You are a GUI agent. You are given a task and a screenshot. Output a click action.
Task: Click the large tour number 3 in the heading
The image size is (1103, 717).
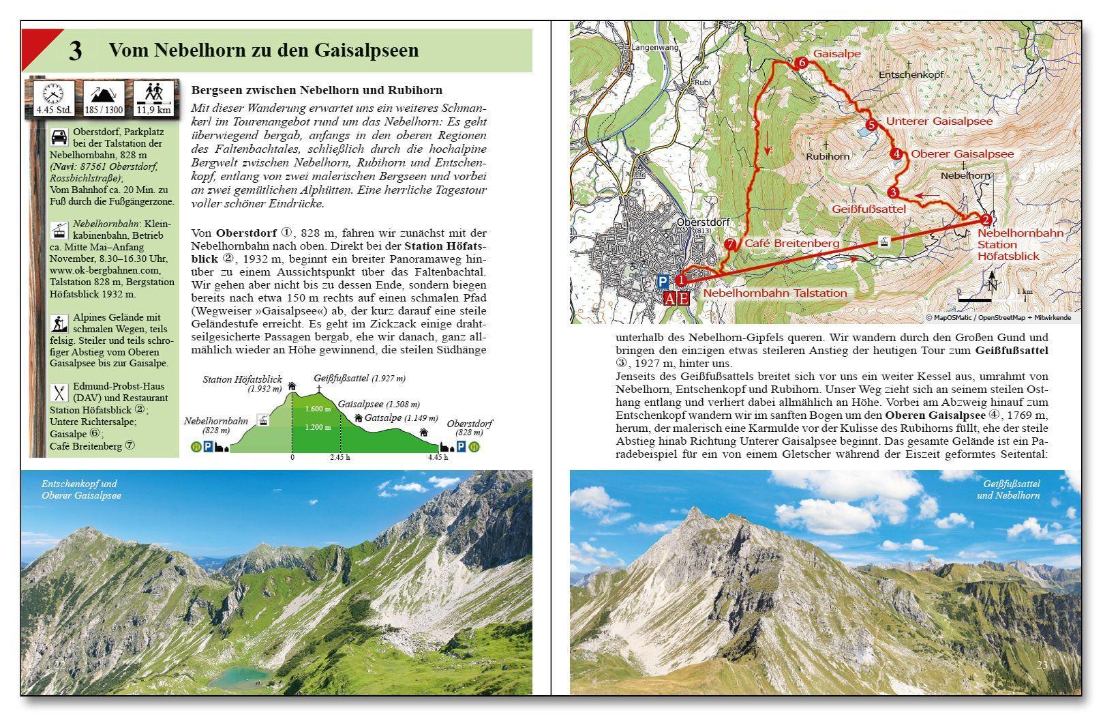tap(76, 51)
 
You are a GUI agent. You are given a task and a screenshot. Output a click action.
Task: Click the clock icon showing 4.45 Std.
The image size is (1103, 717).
tap(53, 93)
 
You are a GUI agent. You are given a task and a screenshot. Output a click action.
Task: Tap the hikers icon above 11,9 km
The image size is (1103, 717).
tap(154, 92)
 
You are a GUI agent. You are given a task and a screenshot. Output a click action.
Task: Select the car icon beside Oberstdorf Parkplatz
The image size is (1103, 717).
tap(59, 137)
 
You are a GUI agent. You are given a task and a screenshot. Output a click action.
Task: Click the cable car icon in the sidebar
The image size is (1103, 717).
tap(59, 231)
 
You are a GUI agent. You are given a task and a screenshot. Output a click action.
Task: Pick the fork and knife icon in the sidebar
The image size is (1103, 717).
tap(59, 393)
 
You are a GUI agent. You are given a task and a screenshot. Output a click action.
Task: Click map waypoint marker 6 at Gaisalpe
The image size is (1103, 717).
tap(802, 63)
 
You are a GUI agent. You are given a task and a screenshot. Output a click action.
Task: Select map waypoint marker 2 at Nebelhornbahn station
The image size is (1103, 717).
tap(985, 220)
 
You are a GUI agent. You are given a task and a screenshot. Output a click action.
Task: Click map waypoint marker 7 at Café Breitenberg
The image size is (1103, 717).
tap(730, 244)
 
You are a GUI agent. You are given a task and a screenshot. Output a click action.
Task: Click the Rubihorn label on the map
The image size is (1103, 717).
tap(828, 156)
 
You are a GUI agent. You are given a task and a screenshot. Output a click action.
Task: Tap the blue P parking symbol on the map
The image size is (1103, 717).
tap(663, 281)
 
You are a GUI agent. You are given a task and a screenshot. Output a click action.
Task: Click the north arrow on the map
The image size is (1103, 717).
tap(993, 280)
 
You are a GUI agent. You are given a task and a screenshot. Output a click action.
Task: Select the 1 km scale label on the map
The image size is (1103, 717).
tap(1024, 291)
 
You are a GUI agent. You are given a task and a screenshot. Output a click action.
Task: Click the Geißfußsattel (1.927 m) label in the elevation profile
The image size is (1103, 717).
tap(359, 377)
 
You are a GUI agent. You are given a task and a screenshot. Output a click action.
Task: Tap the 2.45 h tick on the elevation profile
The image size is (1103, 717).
tap(339, 457)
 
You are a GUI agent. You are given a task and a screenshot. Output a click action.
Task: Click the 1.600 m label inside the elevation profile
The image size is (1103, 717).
tap(318, 409)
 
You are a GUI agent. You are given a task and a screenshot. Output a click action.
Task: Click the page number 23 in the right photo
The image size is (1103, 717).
tap(1042, 664)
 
